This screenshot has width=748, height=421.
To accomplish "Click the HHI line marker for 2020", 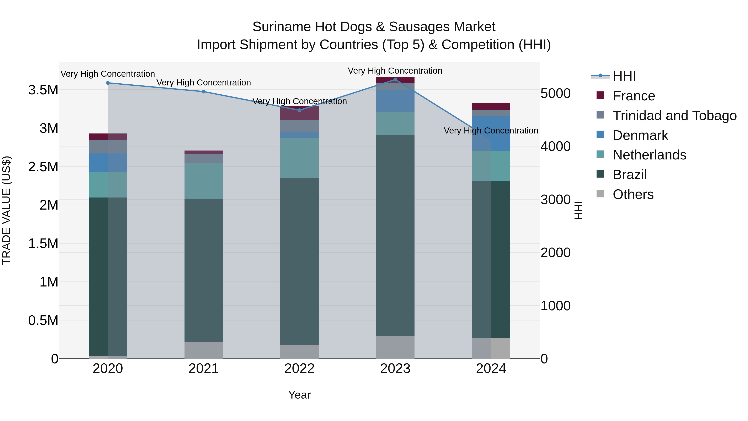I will coord(108,83).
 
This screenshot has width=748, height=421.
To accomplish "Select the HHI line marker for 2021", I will coord(204,91).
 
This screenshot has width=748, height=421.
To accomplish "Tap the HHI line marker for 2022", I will coord(300,110).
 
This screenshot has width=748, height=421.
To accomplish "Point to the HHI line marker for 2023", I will coord(395,79).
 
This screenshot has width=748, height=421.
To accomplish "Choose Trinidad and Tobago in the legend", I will coord(674,116).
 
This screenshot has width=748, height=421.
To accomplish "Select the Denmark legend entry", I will coord(640,135).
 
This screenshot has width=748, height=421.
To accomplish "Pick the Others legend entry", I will coord(633,194).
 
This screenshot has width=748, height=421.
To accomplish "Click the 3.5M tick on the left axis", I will coord(43,90).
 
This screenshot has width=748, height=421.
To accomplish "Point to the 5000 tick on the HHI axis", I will coord(555,94).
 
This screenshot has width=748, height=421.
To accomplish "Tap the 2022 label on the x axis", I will coord(299,369).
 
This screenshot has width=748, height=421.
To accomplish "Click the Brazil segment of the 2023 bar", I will coord(395,235).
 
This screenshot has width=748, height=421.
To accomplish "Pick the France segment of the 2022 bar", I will coord(299,113).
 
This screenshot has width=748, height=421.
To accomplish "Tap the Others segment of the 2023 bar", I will coord(395,347).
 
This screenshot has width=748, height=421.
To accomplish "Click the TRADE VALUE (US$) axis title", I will coord(6,210).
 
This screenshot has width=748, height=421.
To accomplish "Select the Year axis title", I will coord(299,395).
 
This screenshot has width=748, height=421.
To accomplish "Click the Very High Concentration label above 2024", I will coord(491,131).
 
